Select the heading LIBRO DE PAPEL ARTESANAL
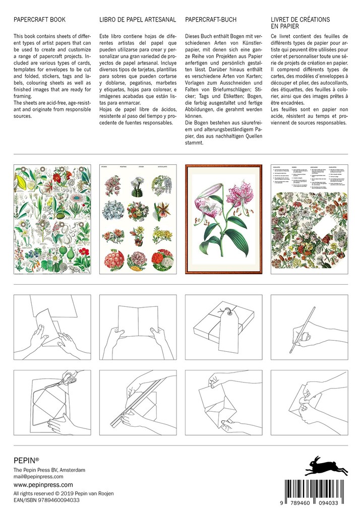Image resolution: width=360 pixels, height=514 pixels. (137, 20)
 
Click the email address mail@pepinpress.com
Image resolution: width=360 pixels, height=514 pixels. (38, 476)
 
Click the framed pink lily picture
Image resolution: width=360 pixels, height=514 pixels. (222, 219)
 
